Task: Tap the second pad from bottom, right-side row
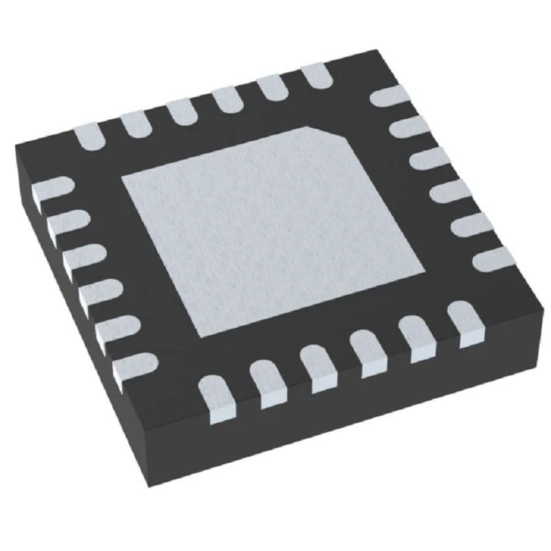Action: [x=472, y=225]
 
